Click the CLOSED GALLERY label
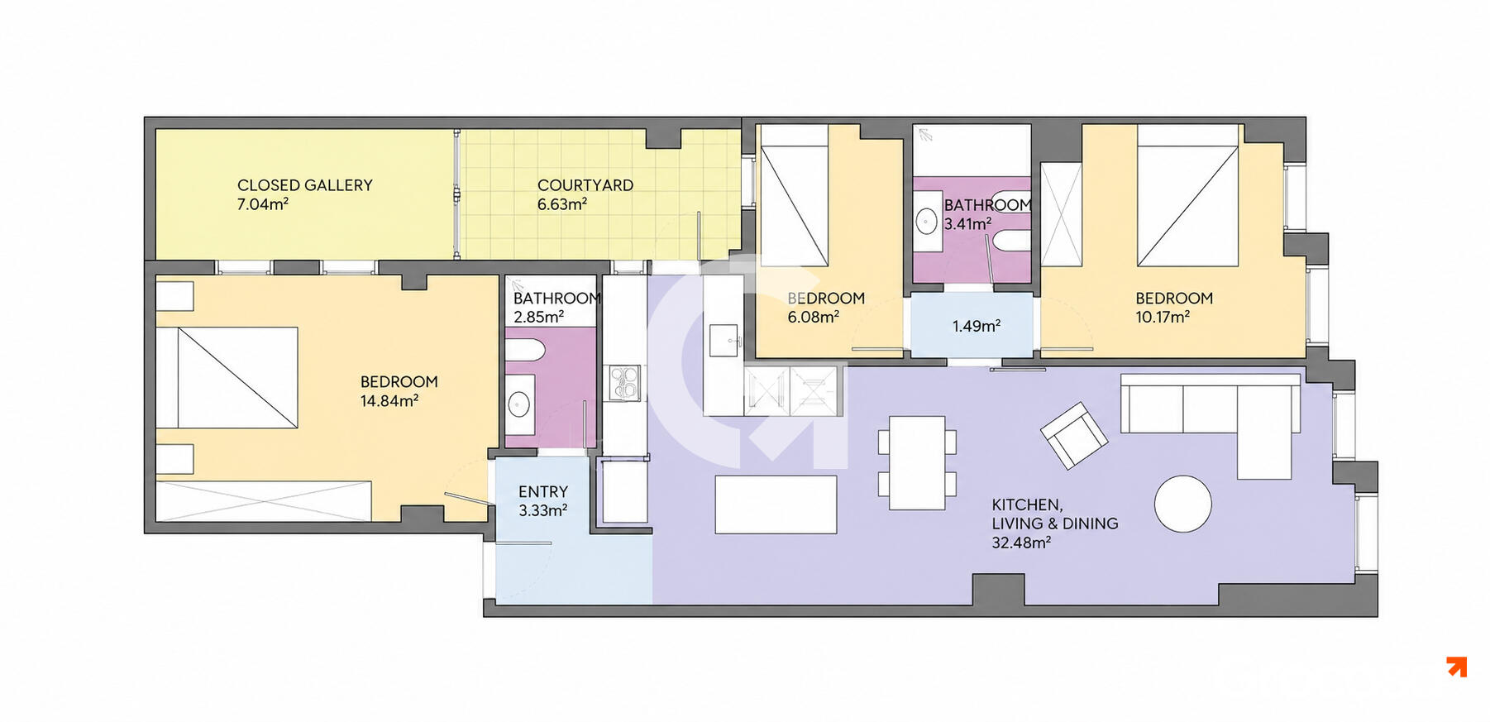click(x=304, y=185)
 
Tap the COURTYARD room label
click(x=585, y=185)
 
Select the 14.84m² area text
click(x=389, y=401)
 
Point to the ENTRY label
click(x=543, y=492)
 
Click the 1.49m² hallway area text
click(x=977, y=326)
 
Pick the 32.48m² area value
click(x=1021, y=543)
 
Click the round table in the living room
click(x=1183, y=504)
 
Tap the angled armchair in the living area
click(x=1073, y=435)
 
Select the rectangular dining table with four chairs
click(x=917, y=462)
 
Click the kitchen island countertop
click(x=776, y=504)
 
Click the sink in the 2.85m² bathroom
click(x=519, y=404)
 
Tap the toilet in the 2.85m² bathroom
click(x=523, y=350)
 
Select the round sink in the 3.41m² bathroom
click(x=927, y=221)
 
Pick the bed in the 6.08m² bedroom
click(x=794, y=195)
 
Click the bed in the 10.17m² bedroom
click(x=1187, y=195)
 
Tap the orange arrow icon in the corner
click(x=1457, y=667)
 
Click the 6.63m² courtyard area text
click(x=562, y=204)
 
